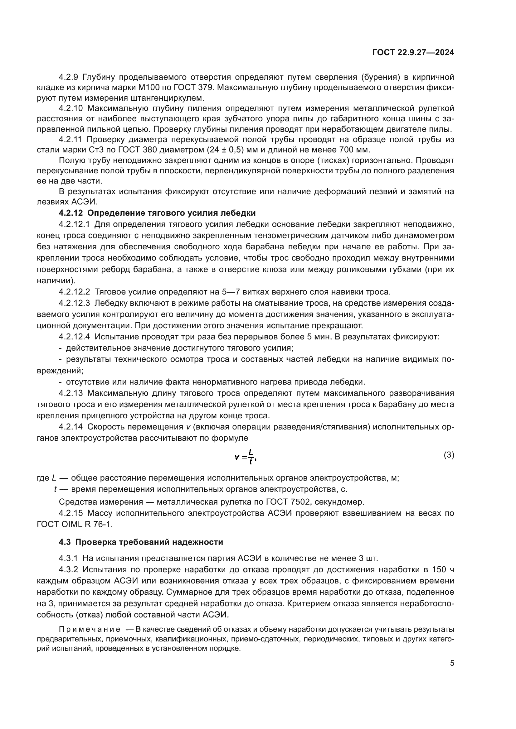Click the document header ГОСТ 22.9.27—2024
pyautogui.click(x=413, y=52)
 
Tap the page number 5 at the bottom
pyautogui.click(x=452, y=663)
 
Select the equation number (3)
pyautogui.click(x=449, y=455)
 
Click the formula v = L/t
pyautogui.click(x=245, y=457)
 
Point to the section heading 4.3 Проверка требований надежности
pyautogui.click(x=141, y=542)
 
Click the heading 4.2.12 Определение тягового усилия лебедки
pyautogui.click(x=157, y=213)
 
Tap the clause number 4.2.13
pyautogui.click(x=71, y=393)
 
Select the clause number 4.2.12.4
pyautogui.click(x=74, y=337)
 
